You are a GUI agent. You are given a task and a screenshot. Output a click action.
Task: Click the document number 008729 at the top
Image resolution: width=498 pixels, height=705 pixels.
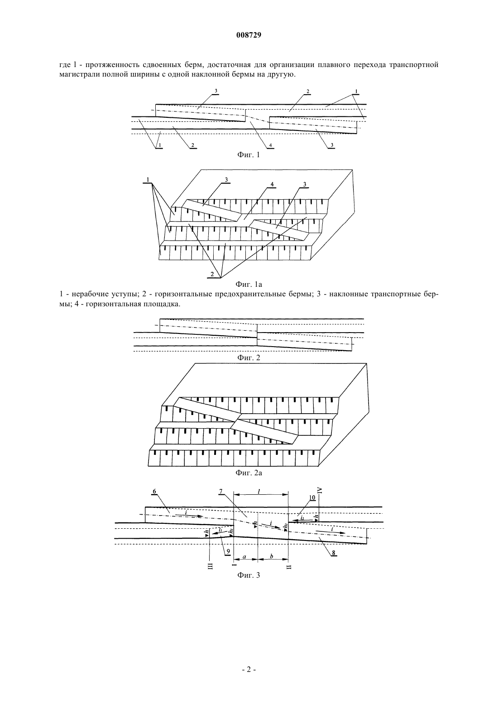tap(249, 35)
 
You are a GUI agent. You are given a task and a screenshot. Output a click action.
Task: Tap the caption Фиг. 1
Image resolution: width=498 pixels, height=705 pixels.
tap(249, 155)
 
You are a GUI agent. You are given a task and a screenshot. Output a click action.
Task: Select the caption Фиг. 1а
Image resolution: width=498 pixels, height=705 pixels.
tap(249, 285)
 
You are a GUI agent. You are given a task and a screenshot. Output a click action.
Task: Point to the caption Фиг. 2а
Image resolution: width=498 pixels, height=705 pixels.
tap(249, 482)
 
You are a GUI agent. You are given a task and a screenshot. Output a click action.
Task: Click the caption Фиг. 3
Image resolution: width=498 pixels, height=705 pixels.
tap(249, 575)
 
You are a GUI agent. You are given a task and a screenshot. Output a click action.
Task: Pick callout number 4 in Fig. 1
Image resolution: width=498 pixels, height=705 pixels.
tap(270, 145)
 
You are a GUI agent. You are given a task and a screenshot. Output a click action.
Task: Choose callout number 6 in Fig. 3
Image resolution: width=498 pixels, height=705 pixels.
tap(154, 491)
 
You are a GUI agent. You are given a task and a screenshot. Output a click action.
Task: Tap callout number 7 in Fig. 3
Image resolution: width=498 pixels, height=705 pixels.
tap(221, 492)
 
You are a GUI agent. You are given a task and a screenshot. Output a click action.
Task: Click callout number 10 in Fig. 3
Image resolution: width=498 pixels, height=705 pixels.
tap(312, 497)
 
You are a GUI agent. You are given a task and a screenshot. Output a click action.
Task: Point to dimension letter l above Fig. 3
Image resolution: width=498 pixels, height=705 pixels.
tap(259, 491)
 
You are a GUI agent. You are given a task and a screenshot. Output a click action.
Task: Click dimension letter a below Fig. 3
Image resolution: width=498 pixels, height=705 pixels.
tap(244, 556)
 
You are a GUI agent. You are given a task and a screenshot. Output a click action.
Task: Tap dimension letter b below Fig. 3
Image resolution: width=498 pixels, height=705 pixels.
tap(272, 556)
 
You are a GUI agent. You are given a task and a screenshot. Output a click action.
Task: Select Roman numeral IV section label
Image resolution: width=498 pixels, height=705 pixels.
tap(320, 490)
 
